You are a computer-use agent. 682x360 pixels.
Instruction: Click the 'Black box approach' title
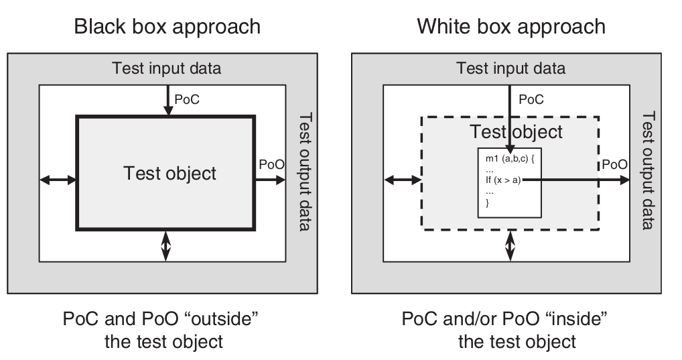(x=167, y=27)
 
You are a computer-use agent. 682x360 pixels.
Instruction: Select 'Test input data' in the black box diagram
(x=167, y=68)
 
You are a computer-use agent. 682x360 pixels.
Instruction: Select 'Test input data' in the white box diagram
(x=510, y=68)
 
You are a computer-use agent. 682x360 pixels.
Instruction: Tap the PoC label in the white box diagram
(x=531, y=99)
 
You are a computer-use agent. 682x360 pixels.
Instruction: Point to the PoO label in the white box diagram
(x=614, y=164)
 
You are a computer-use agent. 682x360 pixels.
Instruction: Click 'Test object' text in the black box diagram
(x=170, y=173)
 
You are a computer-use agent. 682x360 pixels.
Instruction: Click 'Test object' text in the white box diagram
(x=515, y=131)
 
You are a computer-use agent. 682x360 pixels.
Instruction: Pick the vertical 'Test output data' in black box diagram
(x=304, y=171)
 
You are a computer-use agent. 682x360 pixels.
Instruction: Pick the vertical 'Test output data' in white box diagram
(x=648, y=171)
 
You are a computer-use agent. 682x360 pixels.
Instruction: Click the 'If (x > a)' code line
(x=502, y=180)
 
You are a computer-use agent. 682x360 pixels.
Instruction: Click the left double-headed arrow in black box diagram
(x=58, y=180)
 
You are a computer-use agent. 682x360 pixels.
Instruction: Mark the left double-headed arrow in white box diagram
(x=402, y=180)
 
